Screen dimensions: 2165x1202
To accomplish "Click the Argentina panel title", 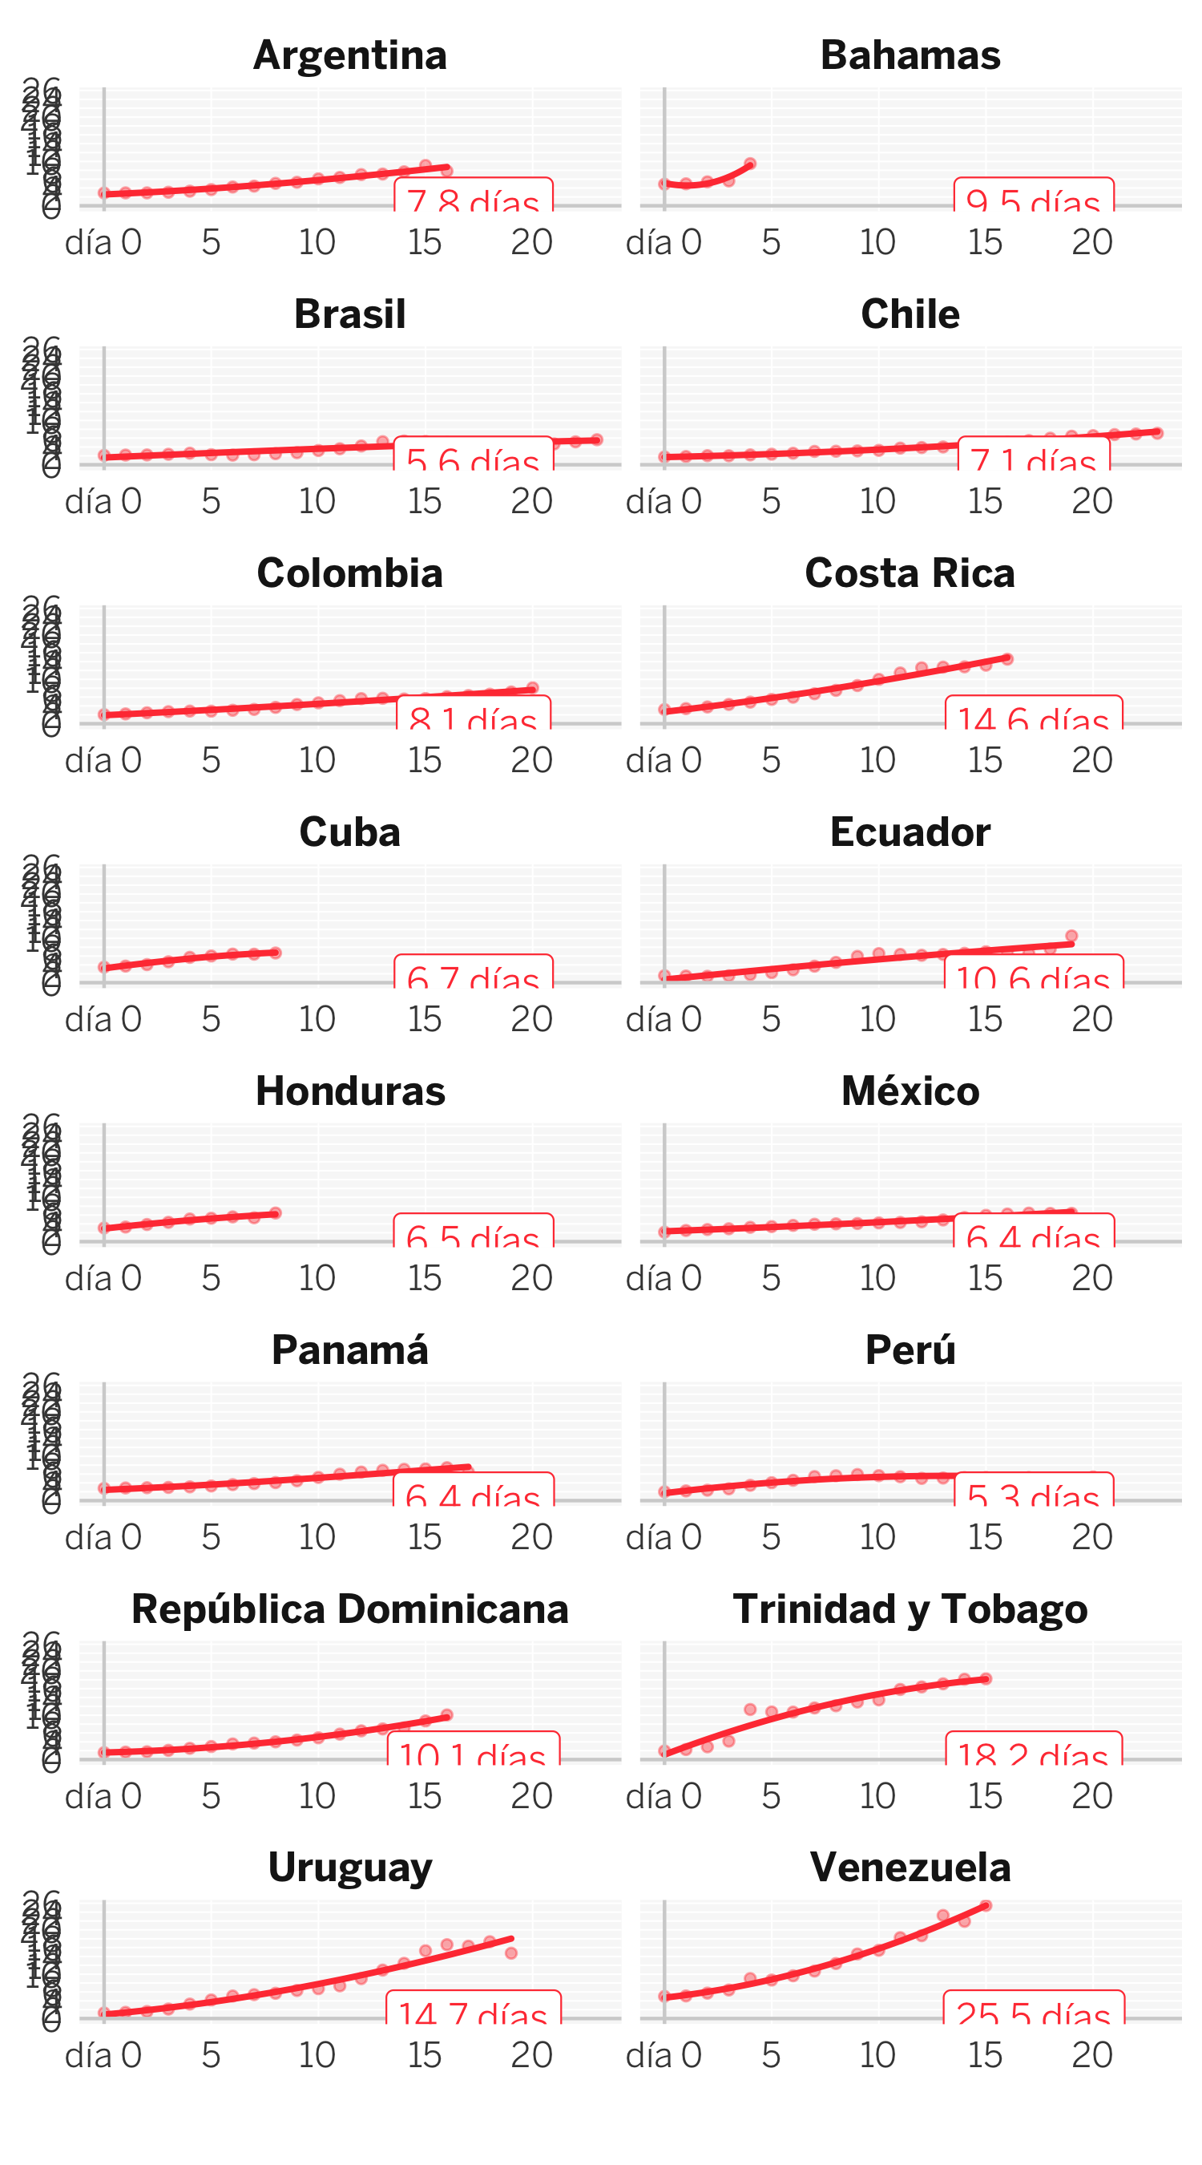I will click(349, 55).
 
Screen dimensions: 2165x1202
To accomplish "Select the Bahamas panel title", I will click(910, 55).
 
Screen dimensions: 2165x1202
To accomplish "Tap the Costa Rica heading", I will click(910, 573).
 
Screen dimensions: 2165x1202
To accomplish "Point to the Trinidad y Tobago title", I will click(910, 1609).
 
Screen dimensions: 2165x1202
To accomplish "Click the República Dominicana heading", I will click(349, 1609).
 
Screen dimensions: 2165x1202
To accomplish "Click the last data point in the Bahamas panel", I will click(750, 164).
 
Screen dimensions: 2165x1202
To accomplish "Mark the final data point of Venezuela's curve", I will click(986, 1905).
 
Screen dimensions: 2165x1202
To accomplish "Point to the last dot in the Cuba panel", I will click(276, 953).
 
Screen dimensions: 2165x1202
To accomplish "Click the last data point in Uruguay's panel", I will click(510, 1953).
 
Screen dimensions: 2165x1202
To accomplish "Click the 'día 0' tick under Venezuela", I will click(664, 2055).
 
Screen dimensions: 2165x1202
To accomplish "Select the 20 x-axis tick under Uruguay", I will click(532, 2055).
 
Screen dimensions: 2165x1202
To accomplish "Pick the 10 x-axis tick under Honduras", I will click(317, 1278).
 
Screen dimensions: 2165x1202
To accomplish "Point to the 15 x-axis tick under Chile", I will click(985, 502).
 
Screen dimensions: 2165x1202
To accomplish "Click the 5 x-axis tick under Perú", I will click(771, 1537).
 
